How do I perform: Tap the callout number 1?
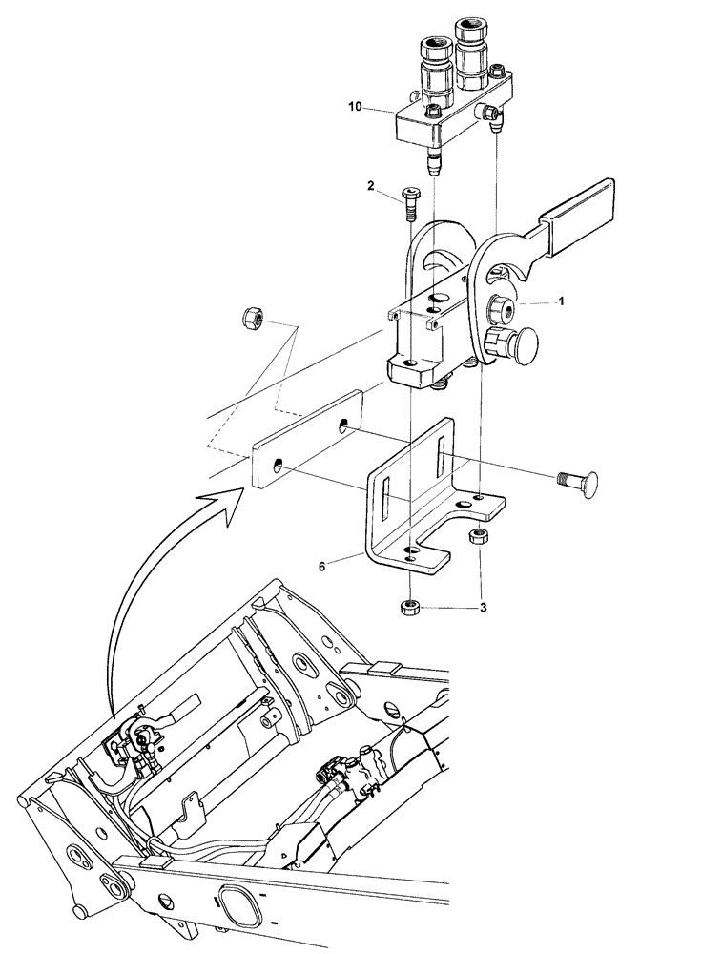pyautogui.click(x=562, y=300)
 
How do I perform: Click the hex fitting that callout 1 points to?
pyautogui.click(x=501, y=307)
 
